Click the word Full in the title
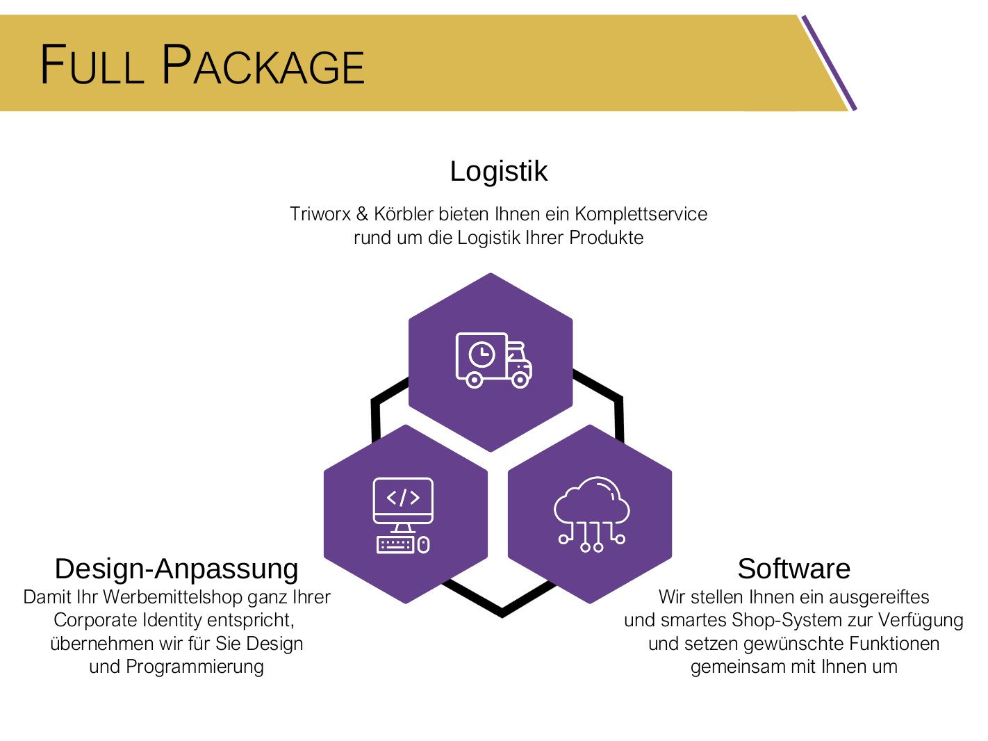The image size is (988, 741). click(91, 65)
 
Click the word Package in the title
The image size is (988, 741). click(263, 65)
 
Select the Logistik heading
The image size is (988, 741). click(498, 171)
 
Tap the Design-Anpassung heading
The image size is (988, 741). click(176, 568)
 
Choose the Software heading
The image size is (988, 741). click(793, 568)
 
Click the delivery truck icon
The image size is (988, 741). click(493, 359)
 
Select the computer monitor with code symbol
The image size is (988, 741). click(403, 500)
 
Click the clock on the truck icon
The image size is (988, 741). click(481, 355)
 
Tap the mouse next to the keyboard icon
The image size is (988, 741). click(424, 544)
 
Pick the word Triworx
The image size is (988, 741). click(320, 214)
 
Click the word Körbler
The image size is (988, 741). click(404, 214)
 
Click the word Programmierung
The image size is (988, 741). click(195, 667)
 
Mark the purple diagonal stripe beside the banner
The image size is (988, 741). click(829, 63)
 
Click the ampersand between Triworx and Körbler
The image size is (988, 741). click(362, 214)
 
